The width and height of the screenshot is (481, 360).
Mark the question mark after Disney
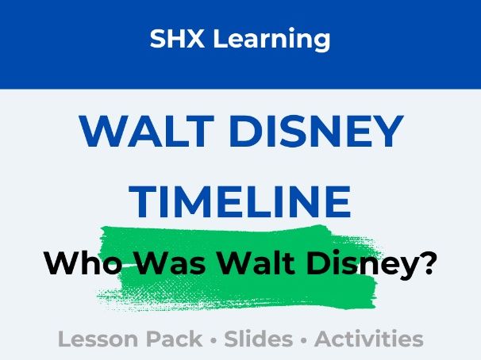click(426, 261)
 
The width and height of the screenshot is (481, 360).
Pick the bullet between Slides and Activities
click(306, 340)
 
